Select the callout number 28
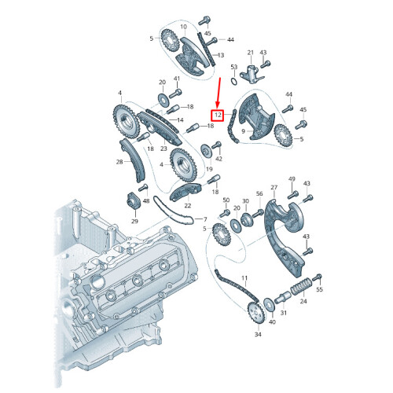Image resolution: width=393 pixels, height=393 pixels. [x=119, y=162]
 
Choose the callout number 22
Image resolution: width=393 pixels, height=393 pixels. [x=186, y=205]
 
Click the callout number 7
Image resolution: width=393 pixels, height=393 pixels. [x=205, y=219]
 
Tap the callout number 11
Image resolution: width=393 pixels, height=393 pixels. [x=244, y=278]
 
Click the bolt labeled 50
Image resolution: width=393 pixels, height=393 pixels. [x=226, y=213]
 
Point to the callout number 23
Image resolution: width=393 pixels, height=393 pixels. [x=163, y=148]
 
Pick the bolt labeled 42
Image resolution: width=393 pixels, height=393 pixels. [x=217, y=146]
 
